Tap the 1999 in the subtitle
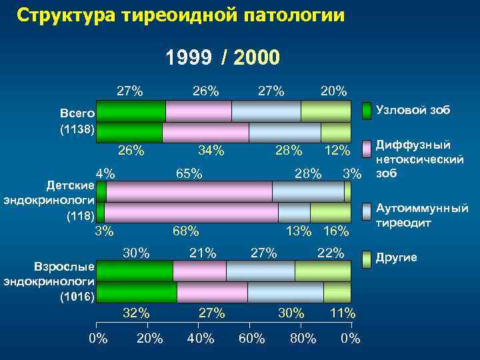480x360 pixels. [x=189, y=58]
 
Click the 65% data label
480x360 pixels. [x=189, y=175]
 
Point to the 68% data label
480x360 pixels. [x=185, y=231]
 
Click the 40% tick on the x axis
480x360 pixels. [x=201, y=339]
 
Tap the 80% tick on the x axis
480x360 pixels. [x=303, y=339]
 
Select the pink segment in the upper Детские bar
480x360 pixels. [x=189, y=191]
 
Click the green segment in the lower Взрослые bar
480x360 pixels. [x=137, y=293]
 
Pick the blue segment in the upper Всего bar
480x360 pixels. [x=266, y=111]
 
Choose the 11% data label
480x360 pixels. [x=343, y=313]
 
